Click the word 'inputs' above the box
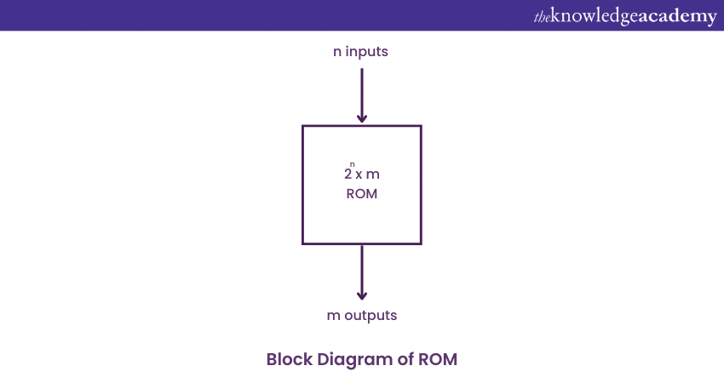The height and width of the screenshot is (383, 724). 367,51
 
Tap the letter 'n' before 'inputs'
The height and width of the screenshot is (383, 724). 337,52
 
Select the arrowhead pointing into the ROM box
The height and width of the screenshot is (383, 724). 362,118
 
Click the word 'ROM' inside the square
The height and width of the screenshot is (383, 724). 362,194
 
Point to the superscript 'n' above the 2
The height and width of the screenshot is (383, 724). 352,164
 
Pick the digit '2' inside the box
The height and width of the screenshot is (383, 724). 348,174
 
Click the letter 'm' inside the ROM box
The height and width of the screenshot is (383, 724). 373,174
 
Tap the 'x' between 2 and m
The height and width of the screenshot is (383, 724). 359,174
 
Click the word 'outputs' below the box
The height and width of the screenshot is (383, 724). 370,315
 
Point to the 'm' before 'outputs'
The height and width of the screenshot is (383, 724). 333,316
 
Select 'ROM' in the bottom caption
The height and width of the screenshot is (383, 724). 439,359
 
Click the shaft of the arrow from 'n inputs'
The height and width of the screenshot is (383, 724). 362,89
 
